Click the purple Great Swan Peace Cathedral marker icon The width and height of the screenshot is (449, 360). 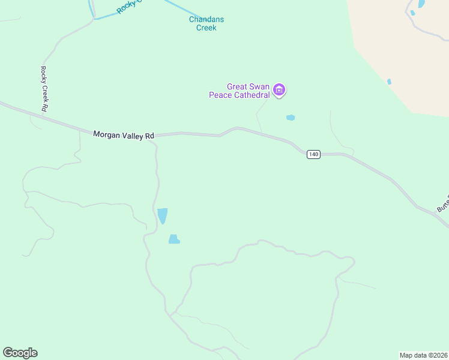279,90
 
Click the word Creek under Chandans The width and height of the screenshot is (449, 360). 206,28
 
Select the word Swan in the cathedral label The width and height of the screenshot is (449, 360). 258,86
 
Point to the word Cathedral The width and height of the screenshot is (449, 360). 250,95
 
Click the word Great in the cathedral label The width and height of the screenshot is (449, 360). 237,86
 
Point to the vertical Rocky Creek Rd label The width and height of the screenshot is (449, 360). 44,89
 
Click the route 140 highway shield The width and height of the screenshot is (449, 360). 313,154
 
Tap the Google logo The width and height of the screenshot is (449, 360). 20,353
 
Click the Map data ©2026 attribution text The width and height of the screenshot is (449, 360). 423,355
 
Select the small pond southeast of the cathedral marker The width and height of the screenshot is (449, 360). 291,118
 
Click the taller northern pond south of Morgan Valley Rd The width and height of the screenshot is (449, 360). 162,215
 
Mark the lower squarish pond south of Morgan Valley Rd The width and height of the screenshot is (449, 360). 174,239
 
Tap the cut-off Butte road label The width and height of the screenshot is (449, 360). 442,206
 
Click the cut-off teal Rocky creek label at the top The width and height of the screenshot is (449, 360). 129,6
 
